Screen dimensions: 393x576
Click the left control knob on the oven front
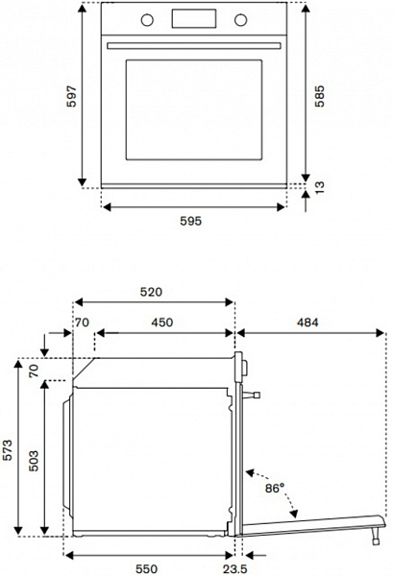pos(147,20)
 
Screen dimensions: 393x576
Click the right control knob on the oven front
pos(241,20)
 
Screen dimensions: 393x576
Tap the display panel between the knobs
pos(194,19)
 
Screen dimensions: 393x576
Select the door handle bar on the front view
pos(194,46)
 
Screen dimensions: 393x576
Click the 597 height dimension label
pos(72,96)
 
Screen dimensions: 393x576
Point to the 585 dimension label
pos(319,96)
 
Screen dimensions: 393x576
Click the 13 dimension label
pos(319,187)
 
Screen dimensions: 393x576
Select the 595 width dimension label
pos(191,221)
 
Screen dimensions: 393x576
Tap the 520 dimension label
pos(151,292)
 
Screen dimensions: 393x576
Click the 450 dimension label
pos(162,323)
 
